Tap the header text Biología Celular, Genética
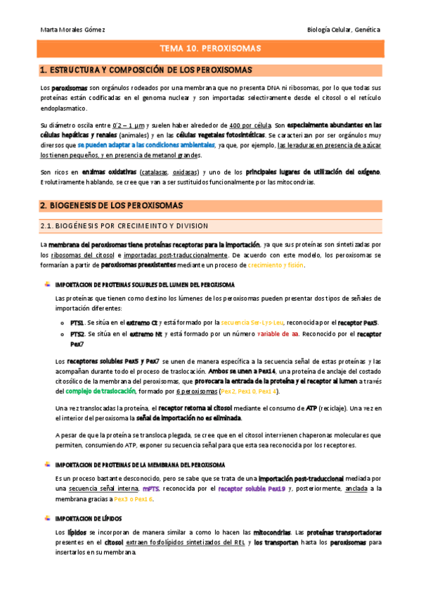point(344,30)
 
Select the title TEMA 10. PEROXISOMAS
point(210,49)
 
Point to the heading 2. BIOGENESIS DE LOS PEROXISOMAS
point(112,205)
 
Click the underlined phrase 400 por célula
point(251,124)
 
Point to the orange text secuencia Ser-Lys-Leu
point(252,322)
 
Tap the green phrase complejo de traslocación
point(104,391)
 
